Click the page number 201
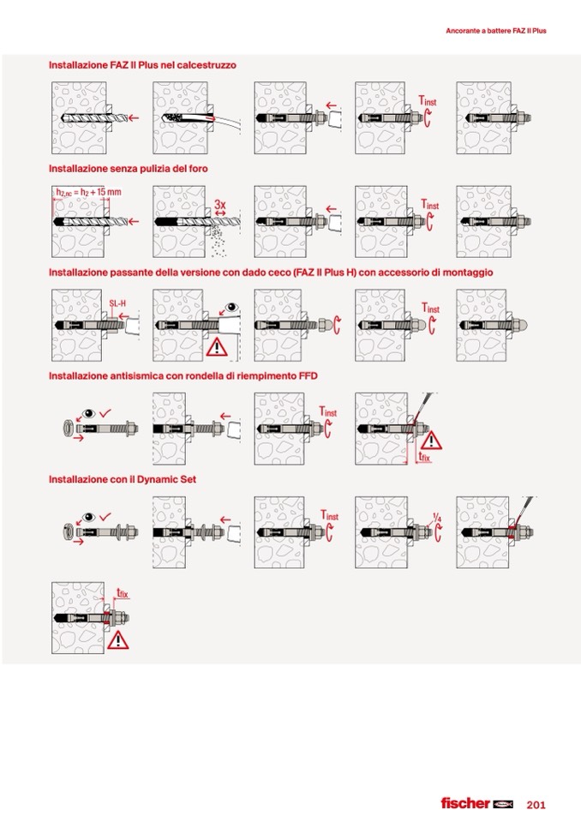(536, 804)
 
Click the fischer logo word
(465, 803)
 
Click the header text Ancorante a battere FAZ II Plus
(495, 31)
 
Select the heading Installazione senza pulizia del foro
(129, 169)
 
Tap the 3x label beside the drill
(220, 204)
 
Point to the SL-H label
(117, 303)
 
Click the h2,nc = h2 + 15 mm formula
(88, 192)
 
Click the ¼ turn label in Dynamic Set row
(437, 518)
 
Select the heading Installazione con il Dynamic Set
(123, 479)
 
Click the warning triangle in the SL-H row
(216, 347)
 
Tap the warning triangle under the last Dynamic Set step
(118, 640)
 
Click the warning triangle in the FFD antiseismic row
(431, 441)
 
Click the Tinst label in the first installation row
(427, 100)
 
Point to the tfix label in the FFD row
(424, 457)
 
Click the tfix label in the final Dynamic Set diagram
(122, 593)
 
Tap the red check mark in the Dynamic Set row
(105, 516)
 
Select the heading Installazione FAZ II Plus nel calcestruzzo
(142, 65)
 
